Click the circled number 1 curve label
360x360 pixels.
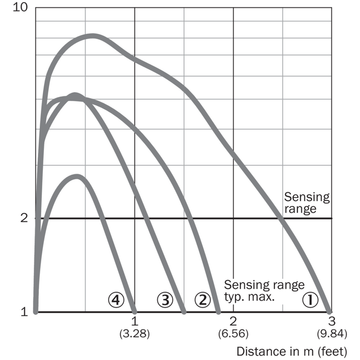(x=310, y=300)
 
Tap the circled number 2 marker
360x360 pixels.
(x=202, y=300)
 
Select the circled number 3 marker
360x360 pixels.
(x=165, y=300)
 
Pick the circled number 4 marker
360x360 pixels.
(x=116, y=300)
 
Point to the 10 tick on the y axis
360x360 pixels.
(x=21, y=7)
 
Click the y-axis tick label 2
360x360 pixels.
(x=24, y=218)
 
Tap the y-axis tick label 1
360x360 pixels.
(x=24, y=312)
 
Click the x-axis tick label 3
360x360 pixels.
(x=332, y=321)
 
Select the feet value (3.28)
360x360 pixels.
(x=134, y=334)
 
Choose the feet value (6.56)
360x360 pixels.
(x=233, y=334)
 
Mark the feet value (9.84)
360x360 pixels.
(x=332, y=334)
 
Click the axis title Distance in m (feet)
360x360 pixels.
(x=292, y=352)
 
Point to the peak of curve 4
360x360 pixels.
(x=77, y=176)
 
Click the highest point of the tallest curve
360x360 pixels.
(x=93, y=36)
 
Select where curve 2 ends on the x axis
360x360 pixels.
(x=219, y=312)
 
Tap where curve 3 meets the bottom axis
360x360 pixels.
(x=184, y=312)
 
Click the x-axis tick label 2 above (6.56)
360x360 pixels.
(x=233, y=321)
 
